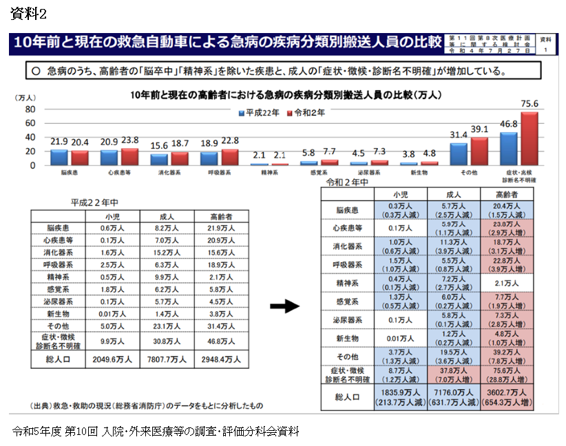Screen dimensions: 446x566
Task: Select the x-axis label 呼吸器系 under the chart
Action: (218, 173)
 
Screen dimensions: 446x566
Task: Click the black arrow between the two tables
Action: (284, 306)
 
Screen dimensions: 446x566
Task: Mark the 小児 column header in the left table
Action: (112, 216)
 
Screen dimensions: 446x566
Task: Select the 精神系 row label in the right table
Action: (348, 283)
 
